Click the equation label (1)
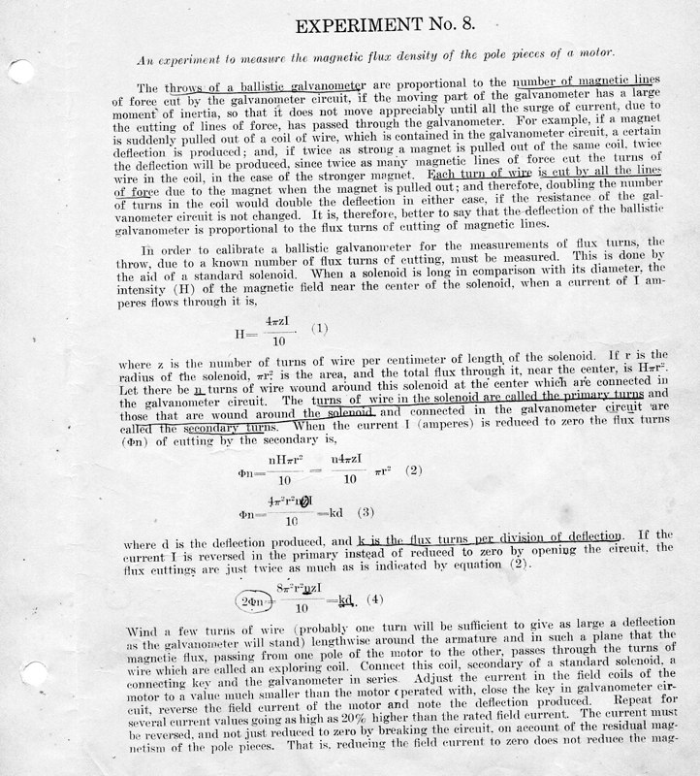(320, 329)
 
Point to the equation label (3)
(366, 512)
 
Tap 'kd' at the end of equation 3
(334, 512)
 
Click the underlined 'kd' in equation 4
(345, 598)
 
